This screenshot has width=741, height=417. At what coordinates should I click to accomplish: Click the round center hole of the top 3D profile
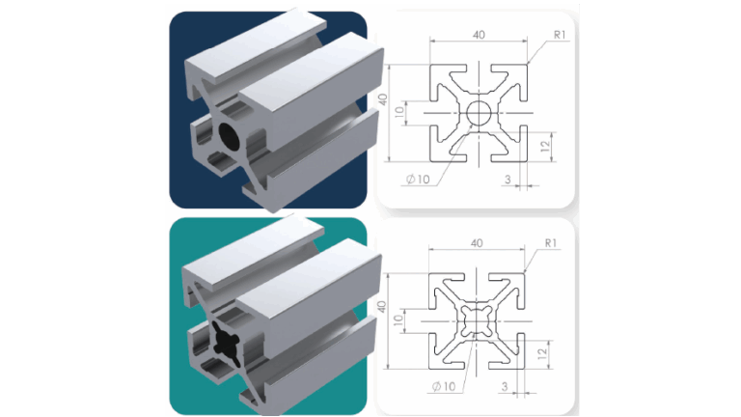coord(231,135)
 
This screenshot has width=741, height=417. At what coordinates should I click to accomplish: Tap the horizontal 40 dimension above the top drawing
coord(479,34)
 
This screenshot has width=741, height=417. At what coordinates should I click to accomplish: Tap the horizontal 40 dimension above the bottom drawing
coord(476,244)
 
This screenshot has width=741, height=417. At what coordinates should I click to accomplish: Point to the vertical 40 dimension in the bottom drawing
coord(383,306)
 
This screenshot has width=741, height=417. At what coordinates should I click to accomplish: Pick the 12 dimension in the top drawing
coord(545,146)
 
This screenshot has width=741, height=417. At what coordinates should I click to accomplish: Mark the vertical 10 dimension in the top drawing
coord(399,110)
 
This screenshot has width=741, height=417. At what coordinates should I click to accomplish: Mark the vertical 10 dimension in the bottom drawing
coord(399,320)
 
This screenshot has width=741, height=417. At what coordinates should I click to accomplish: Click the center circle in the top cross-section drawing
coord(479,113)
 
